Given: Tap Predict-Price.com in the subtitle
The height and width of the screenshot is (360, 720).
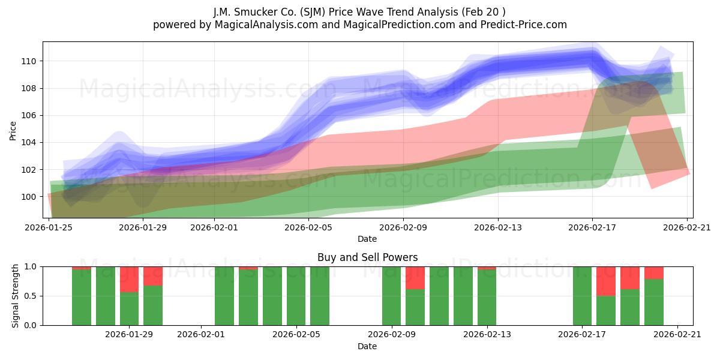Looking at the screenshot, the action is (524, 25).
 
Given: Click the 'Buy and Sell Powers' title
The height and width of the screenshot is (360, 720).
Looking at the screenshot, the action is (367, 257).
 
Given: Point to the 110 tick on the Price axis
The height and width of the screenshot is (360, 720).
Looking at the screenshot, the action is (29, 61).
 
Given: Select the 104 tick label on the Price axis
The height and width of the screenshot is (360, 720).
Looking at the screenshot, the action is (29, 142).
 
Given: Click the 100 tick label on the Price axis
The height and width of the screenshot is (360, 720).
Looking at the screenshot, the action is (29, 197).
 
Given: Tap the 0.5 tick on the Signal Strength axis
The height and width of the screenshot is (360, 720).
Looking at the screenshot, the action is (31, 296).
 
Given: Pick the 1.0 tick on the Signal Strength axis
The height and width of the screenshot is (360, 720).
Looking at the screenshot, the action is (31, 267).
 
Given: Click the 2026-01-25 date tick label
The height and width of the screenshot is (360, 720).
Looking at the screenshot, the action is (49, 227).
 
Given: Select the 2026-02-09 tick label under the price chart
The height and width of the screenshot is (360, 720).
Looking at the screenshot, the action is (403, 227).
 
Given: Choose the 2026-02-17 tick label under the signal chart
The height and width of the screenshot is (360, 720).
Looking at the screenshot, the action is (582, 335).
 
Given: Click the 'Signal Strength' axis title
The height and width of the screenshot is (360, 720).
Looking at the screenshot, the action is (15, 296).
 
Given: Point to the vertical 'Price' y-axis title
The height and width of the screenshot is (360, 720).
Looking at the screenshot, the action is (13, 131).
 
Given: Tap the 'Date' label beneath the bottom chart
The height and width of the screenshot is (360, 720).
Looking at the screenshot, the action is (367, 346).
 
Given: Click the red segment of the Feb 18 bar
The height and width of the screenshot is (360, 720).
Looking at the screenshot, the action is (606, 281).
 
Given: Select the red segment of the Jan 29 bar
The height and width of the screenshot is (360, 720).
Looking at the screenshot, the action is (129, 280).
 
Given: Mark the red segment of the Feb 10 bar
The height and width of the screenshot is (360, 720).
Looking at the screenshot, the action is (415, 278).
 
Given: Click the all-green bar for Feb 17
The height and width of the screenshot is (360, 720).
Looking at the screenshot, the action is (582, 296).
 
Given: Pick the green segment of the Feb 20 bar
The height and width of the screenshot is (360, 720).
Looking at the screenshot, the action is (654, 302).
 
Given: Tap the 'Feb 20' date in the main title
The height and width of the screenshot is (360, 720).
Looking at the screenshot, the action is (482, 12).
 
